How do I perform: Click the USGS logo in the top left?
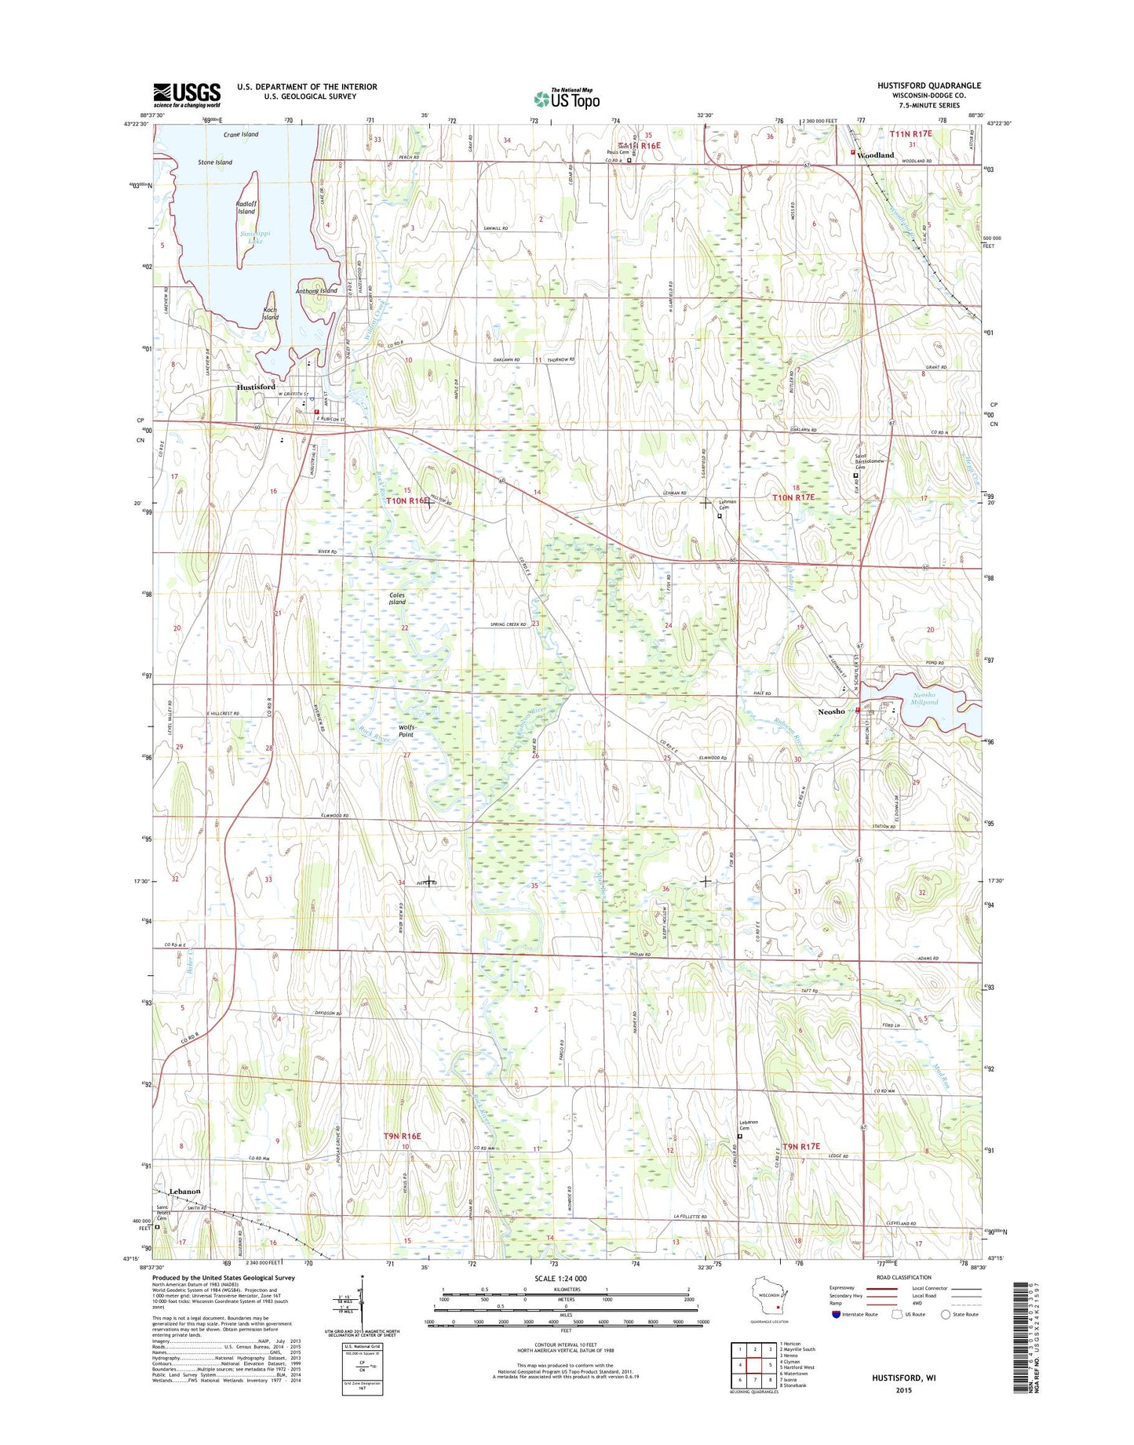(187, 94)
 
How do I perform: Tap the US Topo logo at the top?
(567, 98)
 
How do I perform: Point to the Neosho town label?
(831, 712)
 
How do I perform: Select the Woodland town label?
(875, 155)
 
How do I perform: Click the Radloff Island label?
(246, 207)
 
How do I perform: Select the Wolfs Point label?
(406, 731)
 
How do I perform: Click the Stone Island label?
(215, 162)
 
